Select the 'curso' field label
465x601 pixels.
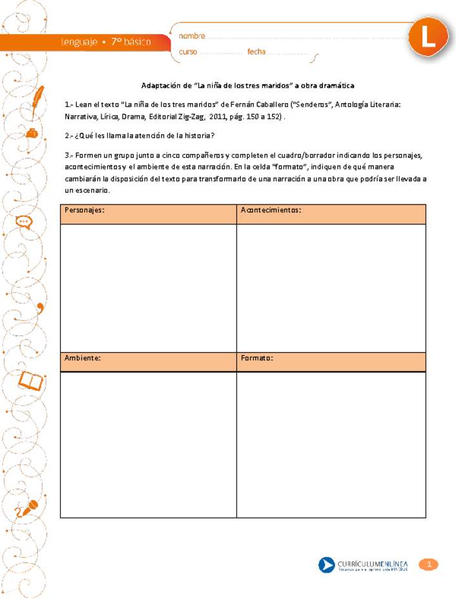coord(189,53)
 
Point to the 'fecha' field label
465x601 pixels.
coord(256,53)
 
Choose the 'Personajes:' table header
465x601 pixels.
coord(85,210)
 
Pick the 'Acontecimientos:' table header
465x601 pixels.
coord(271,210)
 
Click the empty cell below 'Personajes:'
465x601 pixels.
coord(148,288)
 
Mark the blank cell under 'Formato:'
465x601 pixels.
coord(331,445)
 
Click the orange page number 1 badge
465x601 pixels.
coord(428,565)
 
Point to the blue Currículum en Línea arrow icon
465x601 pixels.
coord(327,566)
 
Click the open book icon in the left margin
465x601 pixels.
coord(32,382)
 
